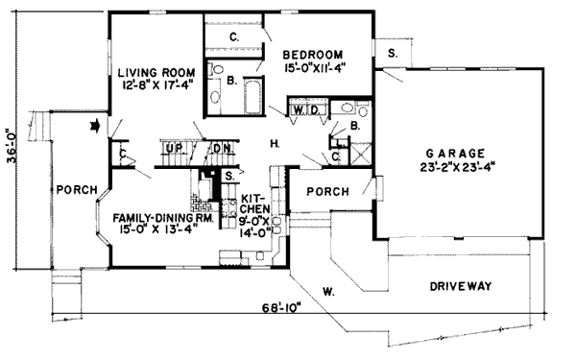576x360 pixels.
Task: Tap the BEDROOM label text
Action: (319, 54)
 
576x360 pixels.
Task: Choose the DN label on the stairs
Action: (220, 149)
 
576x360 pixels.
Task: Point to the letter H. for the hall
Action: (276, 144)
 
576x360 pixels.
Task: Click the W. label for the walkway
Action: (328, 290)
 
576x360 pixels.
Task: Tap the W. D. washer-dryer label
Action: (306, 109)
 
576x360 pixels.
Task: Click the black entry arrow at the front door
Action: (95, 125)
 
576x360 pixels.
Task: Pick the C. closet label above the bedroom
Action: (233, 36)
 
